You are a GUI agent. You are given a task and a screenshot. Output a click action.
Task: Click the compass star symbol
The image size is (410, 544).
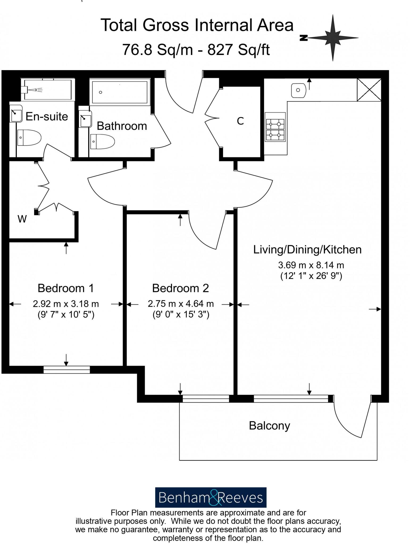click(332, 38)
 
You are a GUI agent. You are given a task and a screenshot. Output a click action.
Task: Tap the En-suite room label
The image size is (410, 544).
click(47, 117)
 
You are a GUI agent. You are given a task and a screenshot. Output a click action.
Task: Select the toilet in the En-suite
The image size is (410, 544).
click(29, 138)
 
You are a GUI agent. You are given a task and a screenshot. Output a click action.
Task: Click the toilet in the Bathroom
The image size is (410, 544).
click(102, 142)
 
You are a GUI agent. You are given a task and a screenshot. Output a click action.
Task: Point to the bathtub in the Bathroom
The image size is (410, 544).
click(120, 92)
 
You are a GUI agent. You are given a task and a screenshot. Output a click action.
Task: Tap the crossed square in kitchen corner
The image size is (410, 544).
click(369, 90)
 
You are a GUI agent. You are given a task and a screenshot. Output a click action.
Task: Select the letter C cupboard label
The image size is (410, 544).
click(240, 121)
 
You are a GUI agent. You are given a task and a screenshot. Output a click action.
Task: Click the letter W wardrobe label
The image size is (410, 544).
click(22, 219)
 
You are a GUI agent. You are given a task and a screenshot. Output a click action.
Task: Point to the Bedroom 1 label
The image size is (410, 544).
click(66, 288)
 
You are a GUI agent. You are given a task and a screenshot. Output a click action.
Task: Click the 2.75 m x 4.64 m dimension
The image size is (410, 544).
click(181, 303)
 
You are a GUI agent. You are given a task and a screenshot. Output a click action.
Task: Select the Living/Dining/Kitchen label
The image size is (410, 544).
click(307, 250)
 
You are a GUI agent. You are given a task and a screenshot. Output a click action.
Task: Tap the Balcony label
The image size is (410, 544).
click(269, 426)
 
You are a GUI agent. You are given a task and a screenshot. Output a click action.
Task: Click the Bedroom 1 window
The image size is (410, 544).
click(66, 369)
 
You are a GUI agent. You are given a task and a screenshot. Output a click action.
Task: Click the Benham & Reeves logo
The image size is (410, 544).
click(211, 497)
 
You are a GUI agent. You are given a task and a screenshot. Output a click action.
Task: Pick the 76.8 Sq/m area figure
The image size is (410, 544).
click(157, 49)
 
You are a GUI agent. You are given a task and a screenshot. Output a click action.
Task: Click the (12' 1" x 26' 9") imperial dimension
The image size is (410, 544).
click(311, 276)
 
